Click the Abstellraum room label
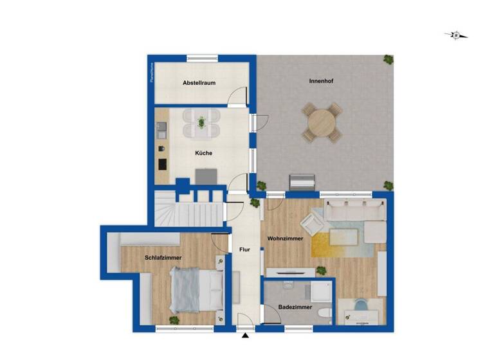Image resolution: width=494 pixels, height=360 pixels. point(199,83)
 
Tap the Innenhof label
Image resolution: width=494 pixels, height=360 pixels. point(320,81)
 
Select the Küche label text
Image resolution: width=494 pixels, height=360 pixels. point(204,153)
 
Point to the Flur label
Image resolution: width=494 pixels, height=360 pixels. point(244,249)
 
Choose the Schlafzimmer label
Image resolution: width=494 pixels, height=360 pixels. point(163,257)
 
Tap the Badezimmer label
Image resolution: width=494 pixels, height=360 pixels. point(295,307)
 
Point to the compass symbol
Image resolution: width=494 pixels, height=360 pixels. point(456,35)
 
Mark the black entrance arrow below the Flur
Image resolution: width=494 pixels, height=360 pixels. point(245,335)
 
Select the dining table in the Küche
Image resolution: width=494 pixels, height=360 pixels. point(201,122)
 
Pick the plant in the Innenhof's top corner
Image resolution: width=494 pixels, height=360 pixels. point(388,60)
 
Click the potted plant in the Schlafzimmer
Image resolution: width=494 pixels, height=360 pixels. point(174,319)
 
